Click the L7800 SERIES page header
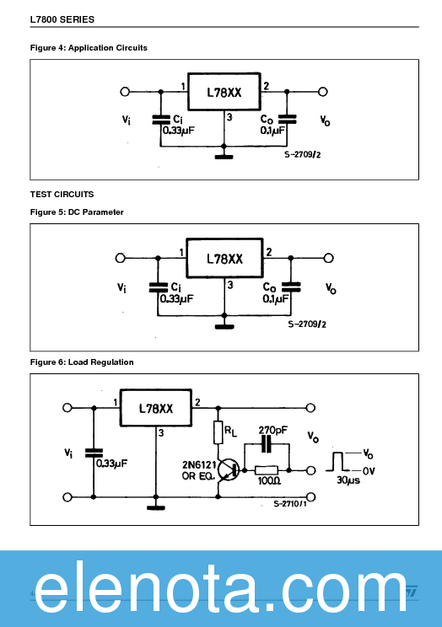pyautogui.click(x=62, y=19)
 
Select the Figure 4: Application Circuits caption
pyautogui.click(x=89, y=48)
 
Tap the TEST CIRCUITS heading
pyautogui.click(x=62, y=195)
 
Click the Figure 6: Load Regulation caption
pyautogui.click(x=82, y=362)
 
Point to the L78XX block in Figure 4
pyautogui.click(x=224, y=94)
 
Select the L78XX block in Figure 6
pyautogui.click(x=156, y=409)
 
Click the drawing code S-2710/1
pyautogui.click(x=289, y=504)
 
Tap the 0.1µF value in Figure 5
pyautogui.click(x=276, y=299)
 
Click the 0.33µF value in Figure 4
pyautogui.click(x=177, y=131)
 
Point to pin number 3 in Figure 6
pyautogui.click(x=160, y=434)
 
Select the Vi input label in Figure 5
pyautogui.click(x=123, y=287)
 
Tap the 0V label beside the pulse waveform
pyautogui.click(x=369, y=470)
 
